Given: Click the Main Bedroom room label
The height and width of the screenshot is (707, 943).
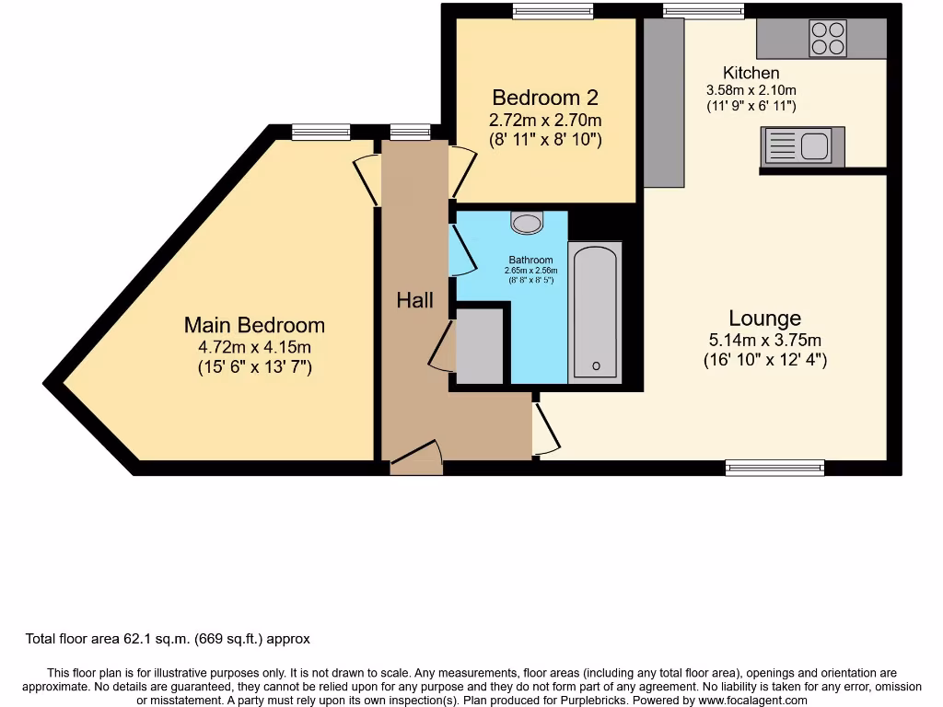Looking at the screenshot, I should pos(254,325).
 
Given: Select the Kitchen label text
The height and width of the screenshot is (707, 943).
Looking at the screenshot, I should pos(751,73).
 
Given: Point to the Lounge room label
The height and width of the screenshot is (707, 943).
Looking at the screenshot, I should pos(764,319).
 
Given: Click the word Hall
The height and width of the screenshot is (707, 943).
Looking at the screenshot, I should pos(414,300).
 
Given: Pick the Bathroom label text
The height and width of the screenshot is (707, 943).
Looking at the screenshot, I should pos(530,260).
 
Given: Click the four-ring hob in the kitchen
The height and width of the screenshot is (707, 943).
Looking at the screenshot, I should pos(827,38).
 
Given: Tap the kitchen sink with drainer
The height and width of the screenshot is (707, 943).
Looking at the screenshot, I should pos(802,146).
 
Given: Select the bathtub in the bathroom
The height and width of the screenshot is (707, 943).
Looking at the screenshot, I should pos(595,312).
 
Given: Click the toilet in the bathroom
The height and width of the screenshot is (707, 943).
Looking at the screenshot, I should pos(527,222).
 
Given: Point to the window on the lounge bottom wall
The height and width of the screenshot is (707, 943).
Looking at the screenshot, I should pos(774,468).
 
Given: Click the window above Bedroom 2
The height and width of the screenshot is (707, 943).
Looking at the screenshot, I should pos(553,11).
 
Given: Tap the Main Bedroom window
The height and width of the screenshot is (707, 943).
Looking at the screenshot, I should pos(321,133).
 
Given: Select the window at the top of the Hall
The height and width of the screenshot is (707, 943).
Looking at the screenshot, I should pos(410,133).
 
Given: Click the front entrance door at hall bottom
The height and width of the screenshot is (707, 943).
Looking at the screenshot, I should pos(416,458).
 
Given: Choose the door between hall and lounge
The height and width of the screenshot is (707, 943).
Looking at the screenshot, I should pos(545,427).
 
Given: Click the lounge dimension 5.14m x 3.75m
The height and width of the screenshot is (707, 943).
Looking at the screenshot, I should pos(764,340).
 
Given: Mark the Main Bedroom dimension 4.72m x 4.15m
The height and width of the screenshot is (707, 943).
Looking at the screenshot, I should pos(254,347).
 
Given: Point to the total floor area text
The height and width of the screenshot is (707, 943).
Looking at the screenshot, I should pos(167,639).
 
